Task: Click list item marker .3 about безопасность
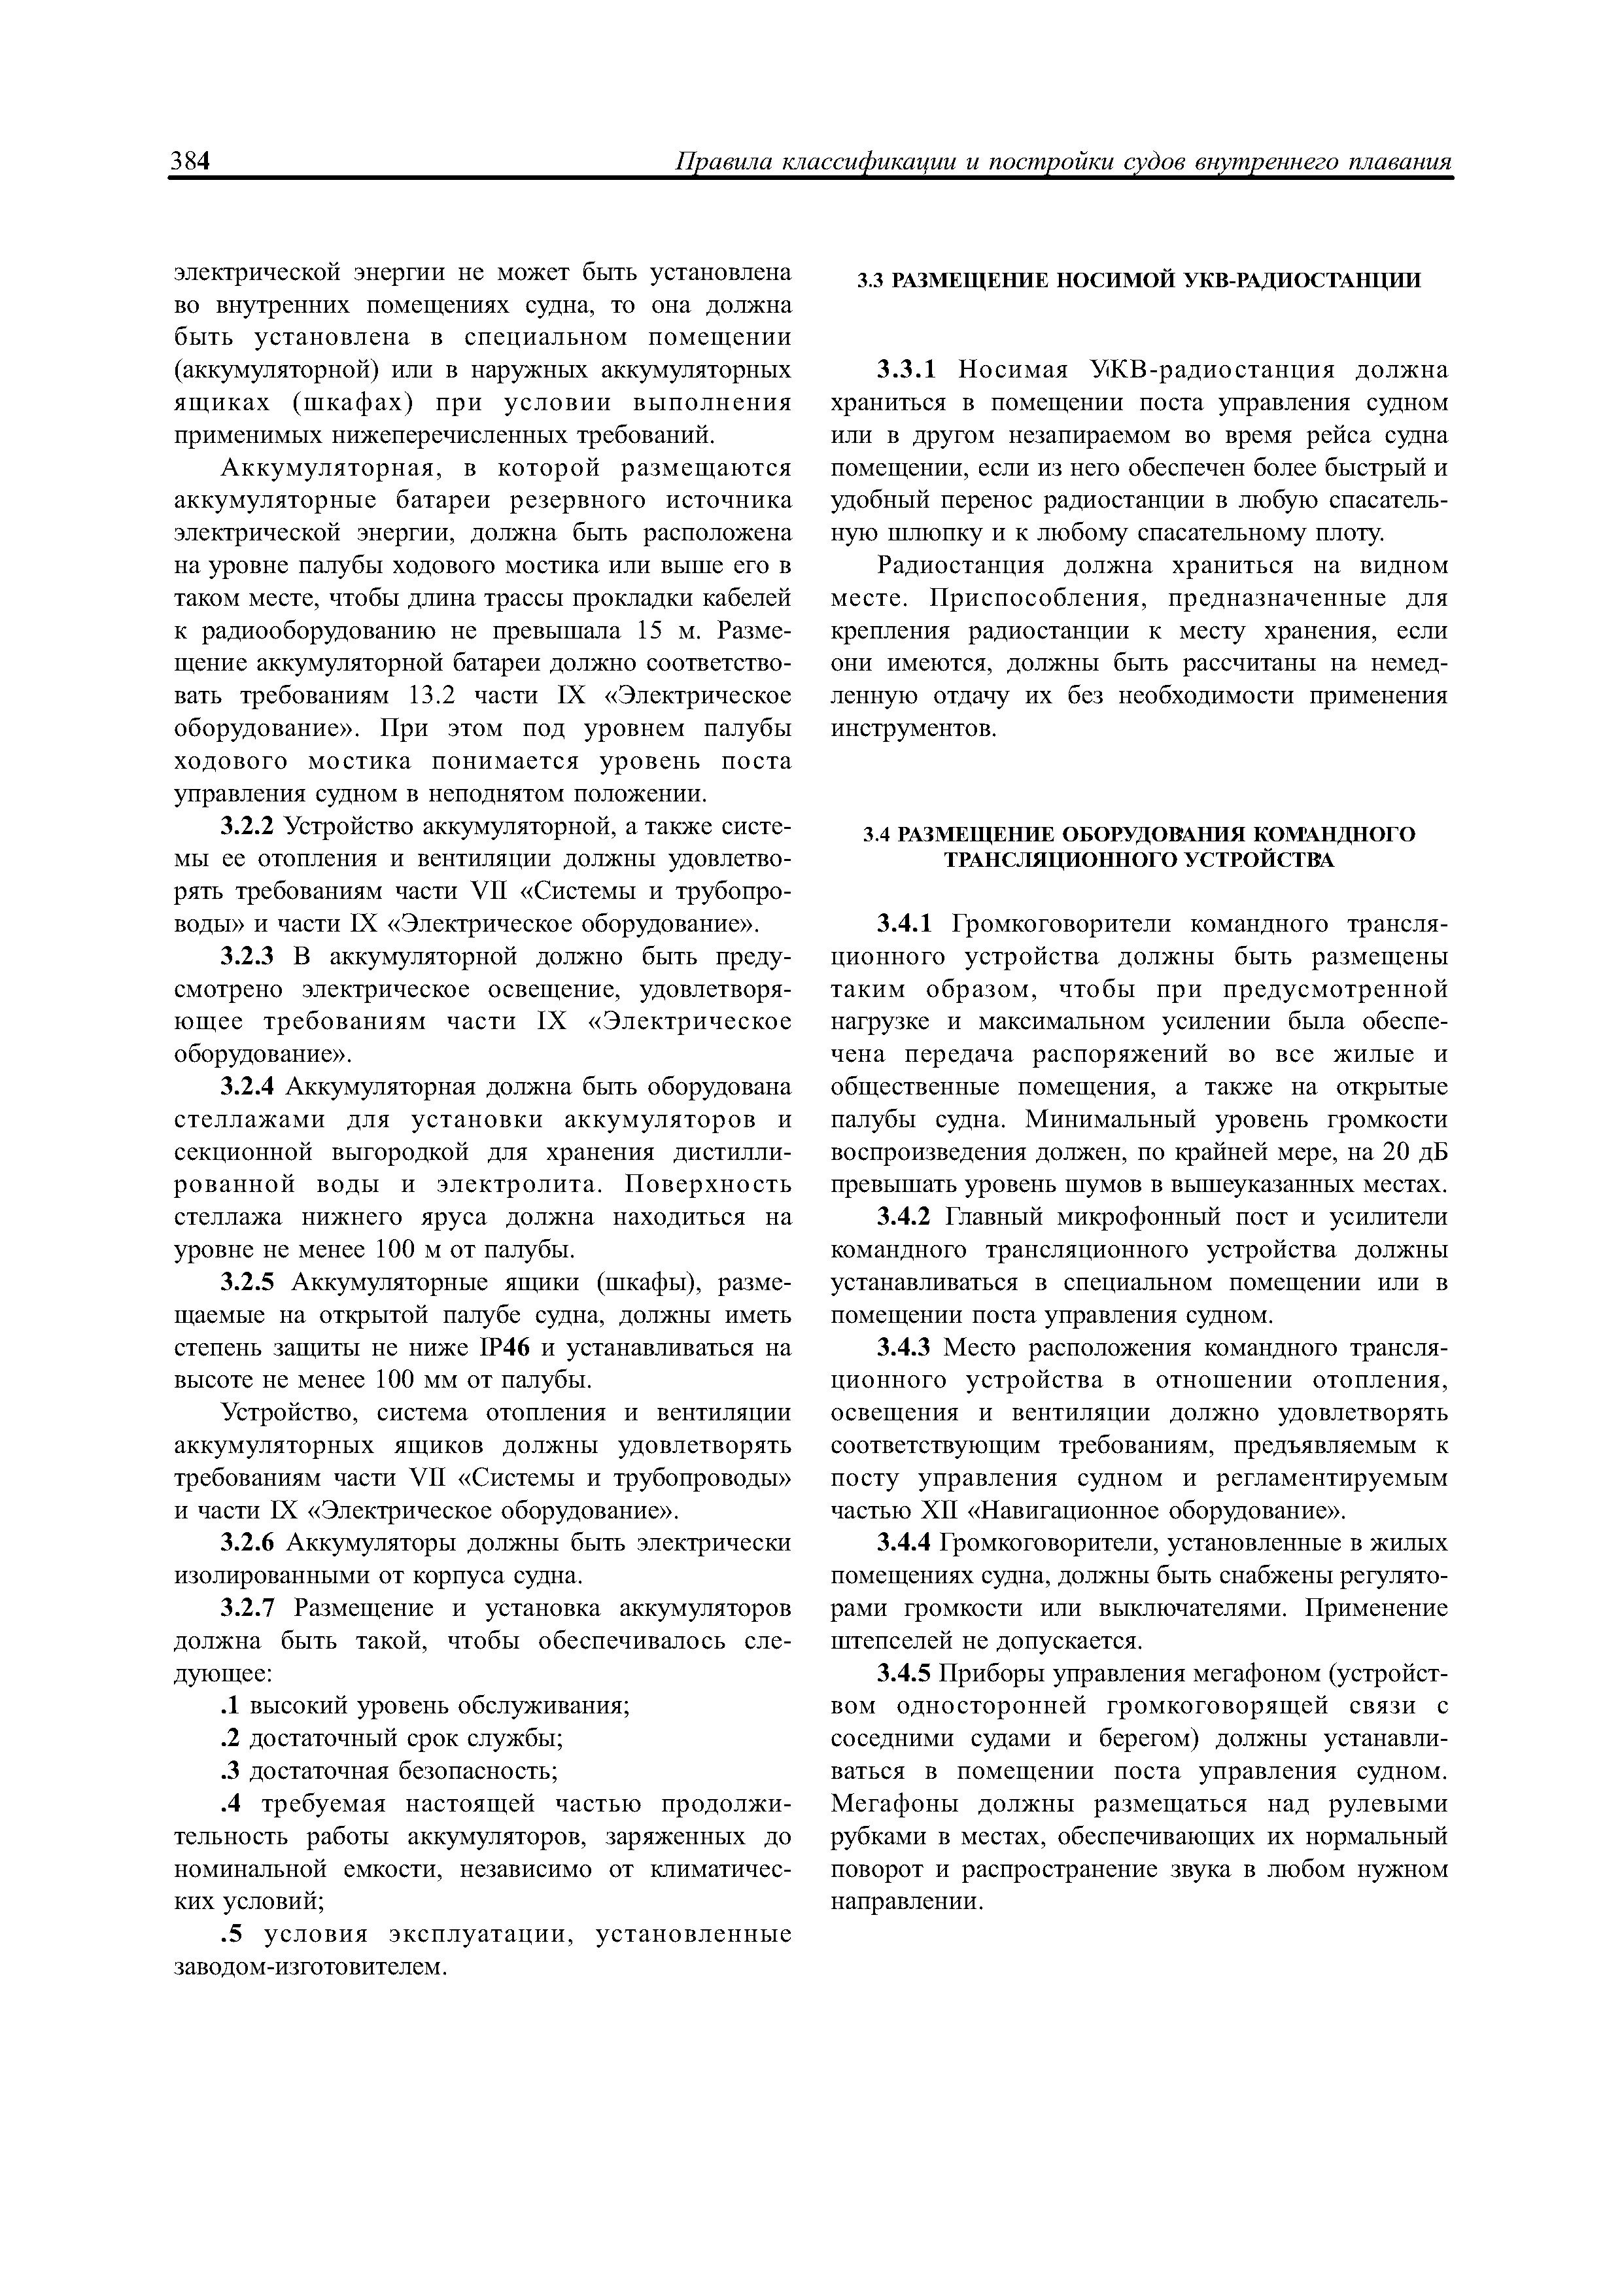(x=229, y=1771)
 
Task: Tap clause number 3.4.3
(x=905, y=1348)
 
